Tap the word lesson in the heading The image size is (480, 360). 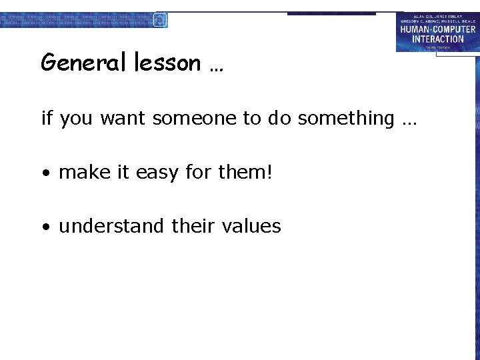point(167,63)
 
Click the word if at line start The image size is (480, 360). point(47,119)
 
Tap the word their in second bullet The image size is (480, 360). point(193,227)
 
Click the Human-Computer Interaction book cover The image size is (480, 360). point(437,32)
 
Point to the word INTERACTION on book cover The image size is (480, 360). point(437,39)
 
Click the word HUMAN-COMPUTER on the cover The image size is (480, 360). point(437,29)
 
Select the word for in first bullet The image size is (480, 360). point(198,173)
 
